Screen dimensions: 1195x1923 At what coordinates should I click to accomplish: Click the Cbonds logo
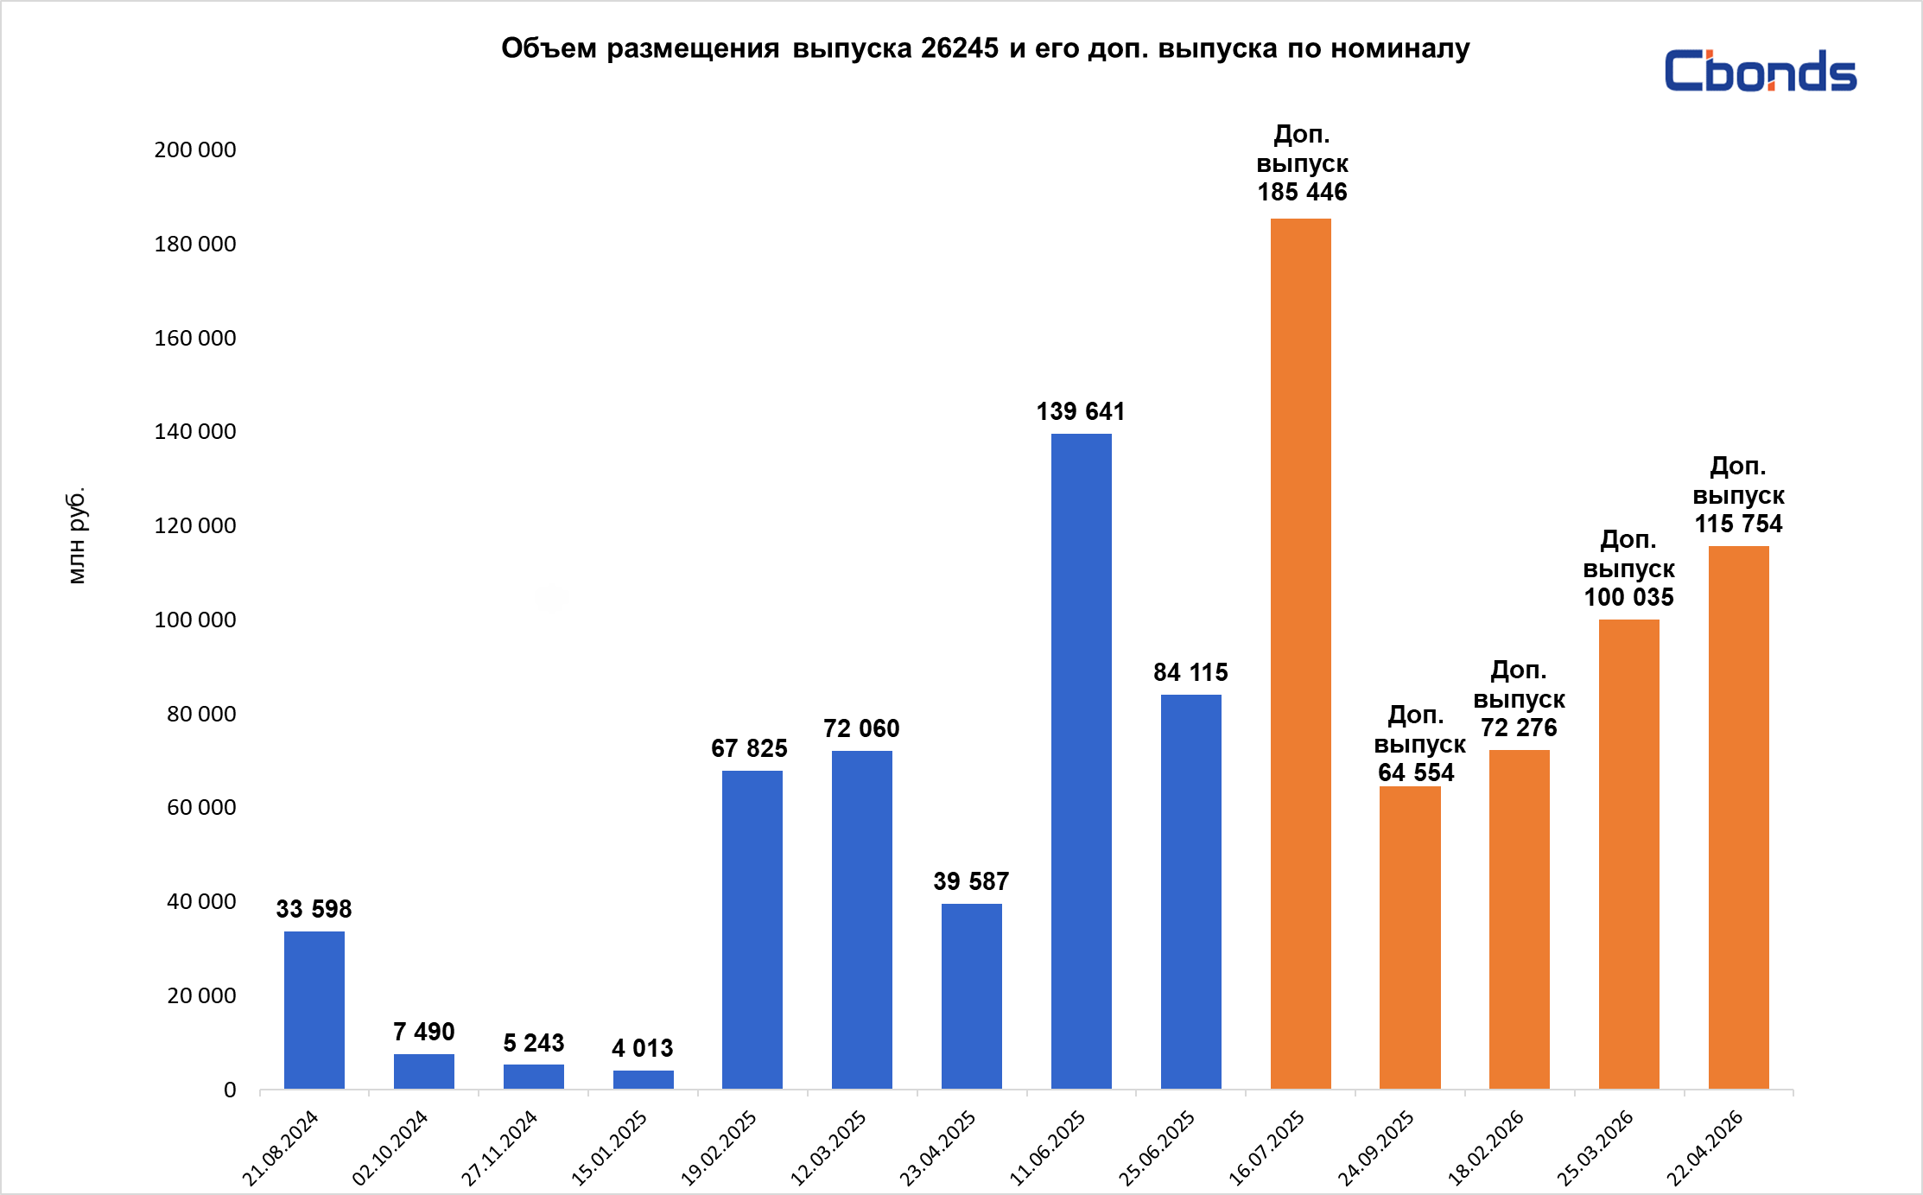point(1760,71)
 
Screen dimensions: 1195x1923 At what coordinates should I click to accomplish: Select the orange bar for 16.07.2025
point(1300,653)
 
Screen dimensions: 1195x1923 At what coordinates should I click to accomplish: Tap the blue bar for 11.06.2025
point(1081,760)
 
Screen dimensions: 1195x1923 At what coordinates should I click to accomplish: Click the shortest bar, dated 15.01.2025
point(643,1079)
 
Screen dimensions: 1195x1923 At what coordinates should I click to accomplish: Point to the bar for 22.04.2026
point(1738,817)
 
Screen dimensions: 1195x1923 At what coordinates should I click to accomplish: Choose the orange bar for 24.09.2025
point(1410,937)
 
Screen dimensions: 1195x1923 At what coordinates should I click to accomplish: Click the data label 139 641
point(1081,411)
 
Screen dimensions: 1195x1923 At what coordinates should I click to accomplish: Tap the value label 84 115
point(1190,672)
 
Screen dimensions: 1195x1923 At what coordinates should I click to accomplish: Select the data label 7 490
point(423,1032)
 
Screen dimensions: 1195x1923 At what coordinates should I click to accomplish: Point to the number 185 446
point(1302,192)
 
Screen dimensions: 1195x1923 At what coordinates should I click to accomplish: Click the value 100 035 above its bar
point(1628,597)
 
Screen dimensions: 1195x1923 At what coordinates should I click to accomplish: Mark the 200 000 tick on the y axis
point(195,149)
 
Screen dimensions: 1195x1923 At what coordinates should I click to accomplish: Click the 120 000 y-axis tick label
point(195,525)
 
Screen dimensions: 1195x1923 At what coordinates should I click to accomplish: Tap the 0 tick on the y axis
point(230,1090)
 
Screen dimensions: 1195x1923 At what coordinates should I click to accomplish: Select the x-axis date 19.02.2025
point(720,1147)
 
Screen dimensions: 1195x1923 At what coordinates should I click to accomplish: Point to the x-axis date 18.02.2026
point(1486,1147)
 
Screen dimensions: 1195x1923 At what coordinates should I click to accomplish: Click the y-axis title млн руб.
point(77,536)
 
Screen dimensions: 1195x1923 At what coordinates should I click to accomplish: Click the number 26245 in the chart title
point(959,48)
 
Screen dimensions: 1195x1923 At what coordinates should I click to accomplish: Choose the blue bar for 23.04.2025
point(971,995)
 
